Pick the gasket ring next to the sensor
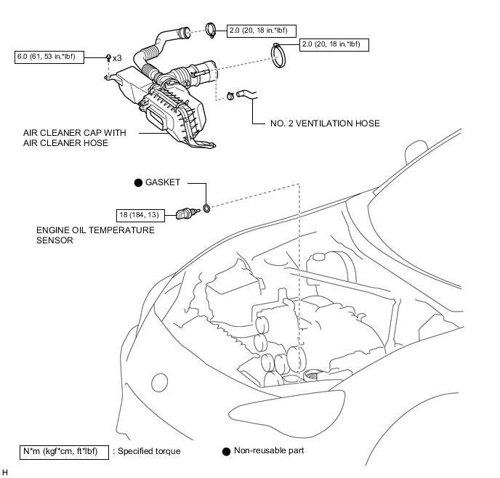pyautogui.click(x=206, y=210)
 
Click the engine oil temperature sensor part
pyautogui.click(x=185, y=214)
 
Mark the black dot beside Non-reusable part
pyautogui.click(x=226, y=451)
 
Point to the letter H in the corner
pyautogui.click(x=6, y=471)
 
